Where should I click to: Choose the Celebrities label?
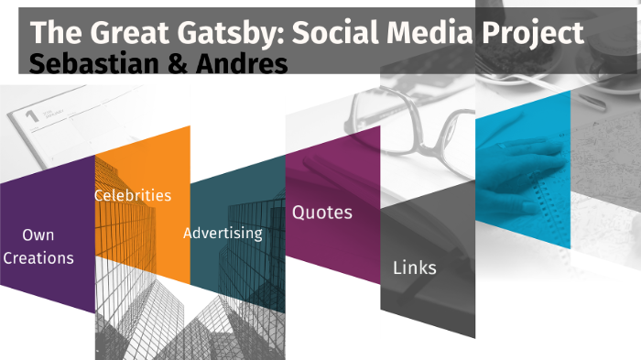[133, 195]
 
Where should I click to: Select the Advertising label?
[223, 233]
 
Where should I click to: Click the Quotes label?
[321, 213]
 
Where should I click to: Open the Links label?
[414, 267]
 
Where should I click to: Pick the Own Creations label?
[38, 246]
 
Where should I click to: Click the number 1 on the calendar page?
[31, 115]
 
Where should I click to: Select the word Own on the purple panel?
[38, 235]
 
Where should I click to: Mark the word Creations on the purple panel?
[38, 258]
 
